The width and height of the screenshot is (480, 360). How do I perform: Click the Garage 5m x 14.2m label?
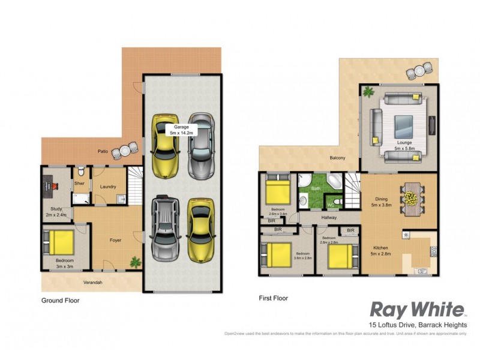click(181, 130)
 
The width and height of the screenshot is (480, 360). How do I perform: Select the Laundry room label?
click(108, 187)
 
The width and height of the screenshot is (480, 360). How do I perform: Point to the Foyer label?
click(116, 240)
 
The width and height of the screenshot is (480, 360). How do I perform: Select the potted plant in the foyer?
click(135, 262)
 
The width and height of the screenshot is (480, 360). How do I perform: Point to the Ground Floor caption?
click(60, 300)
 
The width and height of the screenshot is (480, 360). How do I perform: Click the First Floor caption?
click(274, 298)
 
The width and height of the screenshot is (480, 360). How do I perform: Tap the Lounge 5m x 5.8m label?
click(406, 145)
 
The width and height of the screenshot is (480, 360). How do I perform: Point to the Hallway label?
click(328, 218)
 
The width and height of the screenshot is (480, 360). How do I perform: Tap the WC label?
click(330, 204)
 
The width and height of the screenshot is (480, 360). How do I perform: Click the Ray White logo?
click(418, 310)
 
